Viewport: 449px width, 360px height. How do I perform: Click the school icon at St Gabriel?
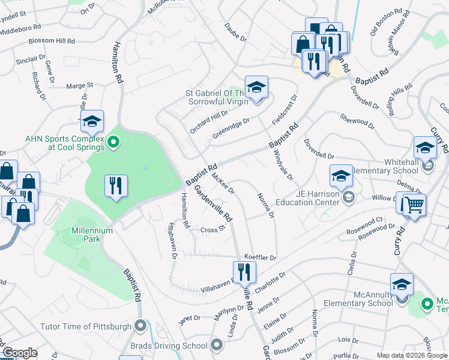tap(256, 87)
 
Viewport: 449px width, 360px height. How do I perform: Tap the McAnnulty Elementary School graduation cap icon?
tap(402, 284)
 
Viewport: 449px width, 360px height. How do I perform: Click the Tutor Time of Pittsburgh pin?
tap(140, 326)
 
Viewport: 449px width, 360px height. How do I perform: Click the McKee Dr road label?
tap(223, 182)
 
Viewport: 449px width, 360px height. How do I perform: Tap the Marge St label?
tap(80, 86)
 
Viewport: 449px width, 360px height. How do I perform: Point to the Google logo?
tap(19, 353)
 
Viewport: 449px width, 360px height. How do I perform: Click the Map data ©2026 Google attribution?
tap(411, 355)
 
